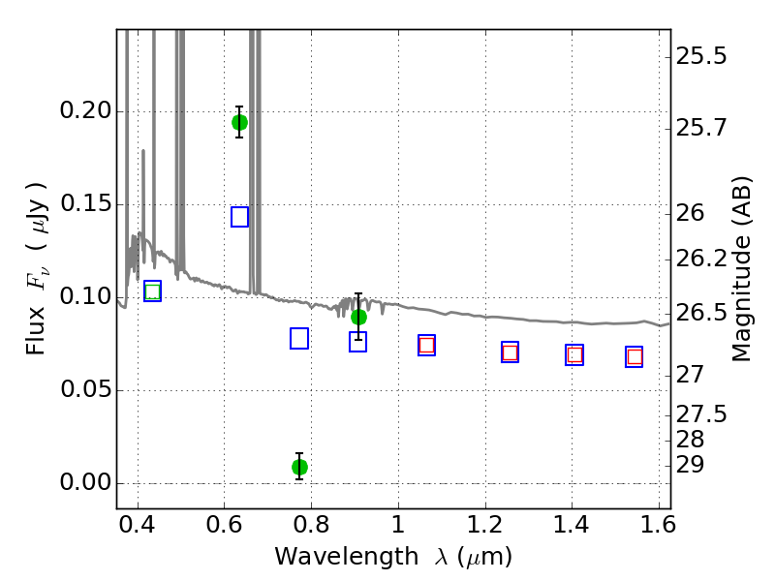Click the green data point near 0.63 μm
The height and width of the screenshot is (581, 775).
coord(239,122)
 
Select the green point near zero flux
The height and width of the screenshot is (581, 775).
coord(299,467)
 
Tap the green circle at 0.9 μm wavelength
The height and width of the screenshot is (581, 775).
coord(358,318)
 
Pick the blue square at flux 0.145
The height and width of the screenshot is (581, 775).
coord(239,217)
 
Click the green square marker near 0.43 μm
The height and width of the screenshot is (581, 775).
coord(153,291)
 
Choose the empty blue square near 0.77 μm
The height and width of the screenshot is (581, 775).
coord(299,338)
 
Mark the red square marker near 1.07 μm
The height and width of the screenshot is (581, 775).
coord(426,345)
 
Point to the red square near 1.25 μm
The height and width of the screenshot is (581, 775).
coord(510,352)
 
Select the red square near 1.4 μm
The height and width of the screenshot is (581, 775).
coord(574,354)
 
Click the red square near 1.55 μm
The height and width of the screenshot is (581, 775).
coord(635,356)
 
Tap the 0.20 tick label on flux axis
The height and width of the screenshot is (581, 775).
coord(85,110)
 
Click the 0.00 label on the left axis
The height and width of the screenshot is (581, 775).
coord(85,482)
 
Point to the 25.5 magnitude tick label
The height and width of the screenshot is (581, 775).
coord(700,56)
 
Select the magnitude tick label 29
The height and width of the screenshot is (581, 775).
coord(690,465)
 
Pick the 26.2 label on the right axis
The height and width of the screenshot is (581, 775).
coord(700,259)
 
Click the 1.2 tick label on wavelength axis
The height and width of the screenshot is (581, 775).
coord(485,525)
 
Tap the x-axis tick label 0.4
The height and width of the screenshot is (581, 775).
coord(138,525)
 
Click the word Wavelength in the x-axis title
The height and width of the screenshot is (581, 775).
coord(347,557)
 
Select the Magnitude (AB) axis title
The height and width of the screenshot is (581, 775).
coord(740,269)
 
